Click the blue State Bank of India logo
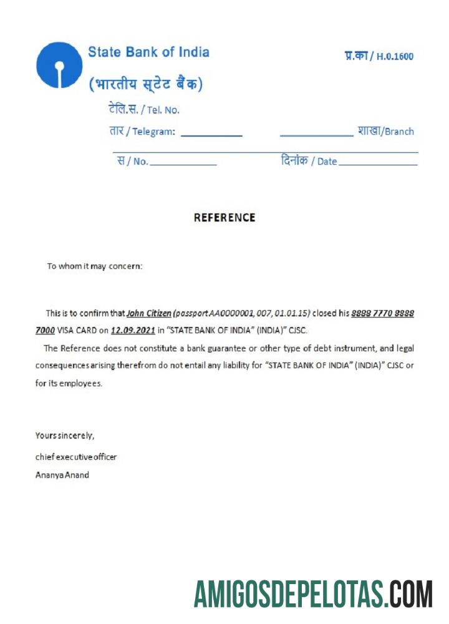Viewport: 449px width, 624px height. click(59, 65)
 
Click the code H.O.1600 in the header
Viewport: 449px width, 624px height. click(395, 57)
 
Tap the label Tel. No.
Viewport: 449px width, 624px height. click(163, 110)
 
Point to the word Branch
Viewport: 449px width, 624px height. click(399, 132)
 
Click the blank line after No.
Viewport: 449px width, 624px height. click(183, 163)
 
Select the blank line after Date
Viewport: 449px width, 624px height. click(378, 163)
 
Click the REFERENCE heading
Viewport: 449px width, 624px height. click(224, 218)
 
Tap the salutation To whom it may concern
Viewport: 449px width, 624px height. click(95, 266)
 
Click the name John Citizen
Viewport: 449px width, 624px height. click(149, 313)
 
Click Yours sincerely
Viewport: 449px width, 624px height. click(65, 436)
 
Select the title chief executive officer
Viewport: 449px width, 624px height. click(76, 457)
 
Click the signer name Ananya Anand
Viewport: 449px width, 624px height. click(62, 475)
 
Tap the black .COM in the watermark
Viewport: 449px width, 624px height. click(410, 593)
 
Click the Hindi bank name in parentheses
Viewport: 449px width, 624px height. click(145, 83)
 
